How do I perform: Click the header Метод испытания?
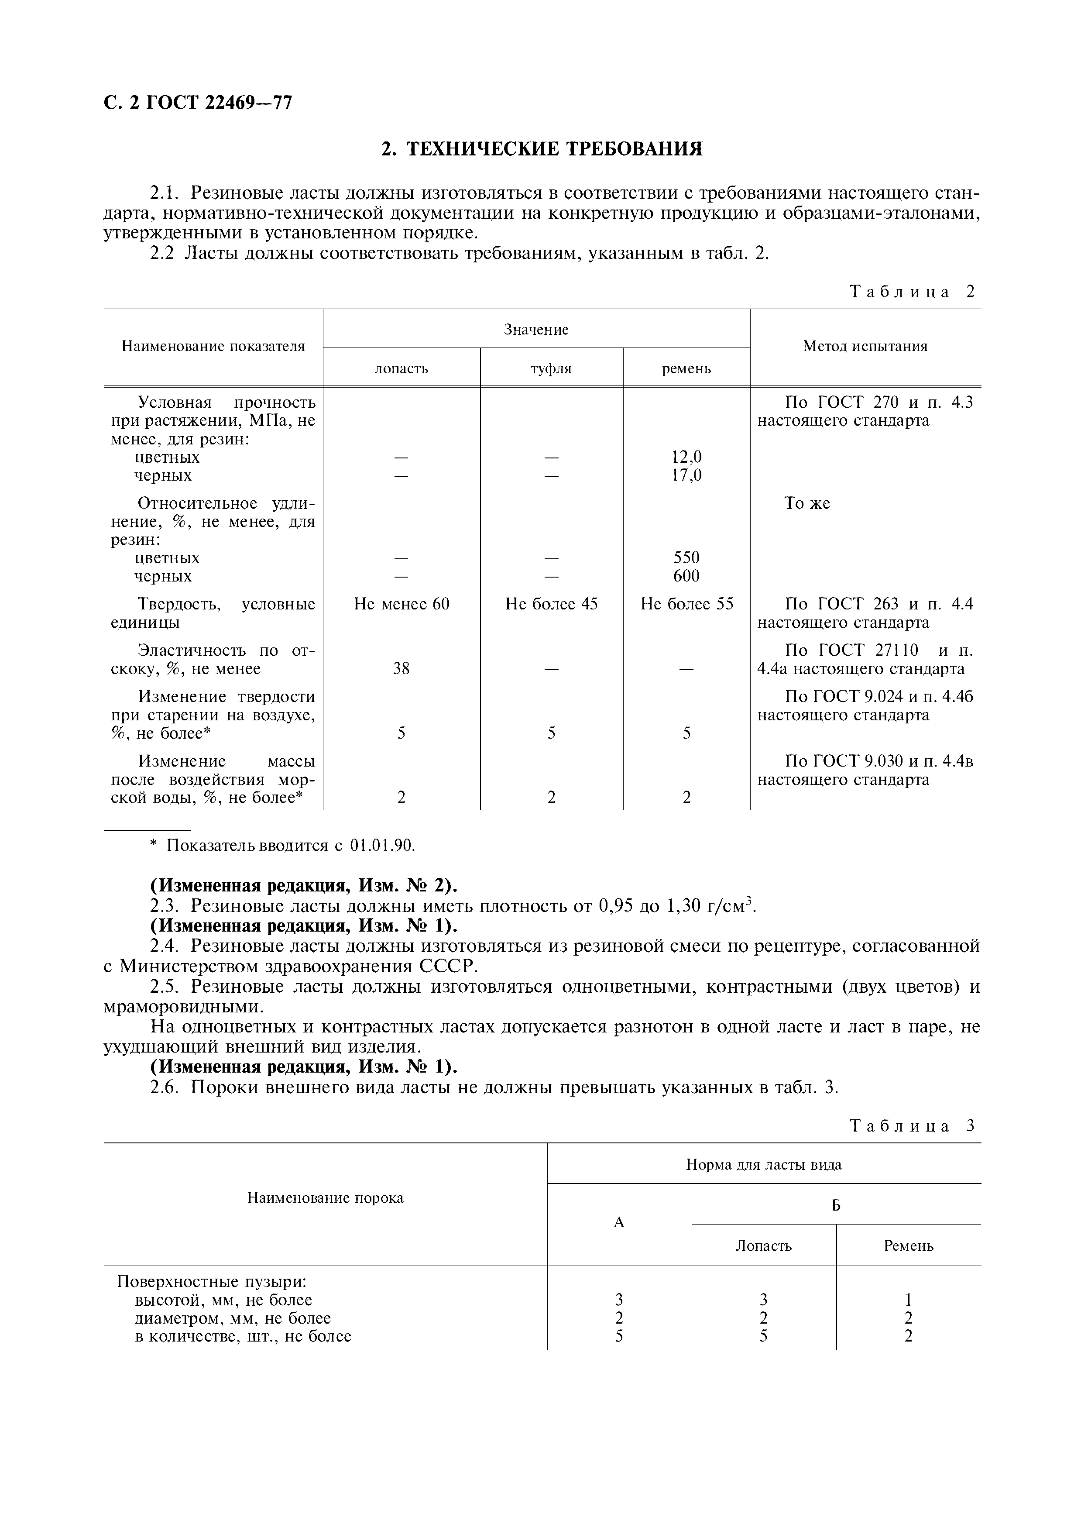click(865, 346)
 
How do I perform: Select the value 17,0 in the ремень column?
click(686, 475)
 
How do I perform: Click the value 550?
click(686, 557)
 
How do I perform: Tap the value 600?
click(686, 576)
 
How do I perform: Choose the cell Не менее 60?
click(401, 604)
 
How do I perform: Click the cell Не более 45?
click(551, 604)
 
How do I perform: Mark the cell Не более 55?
click(686, 604)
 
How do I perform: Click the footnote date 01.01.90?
click(382, 846)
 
